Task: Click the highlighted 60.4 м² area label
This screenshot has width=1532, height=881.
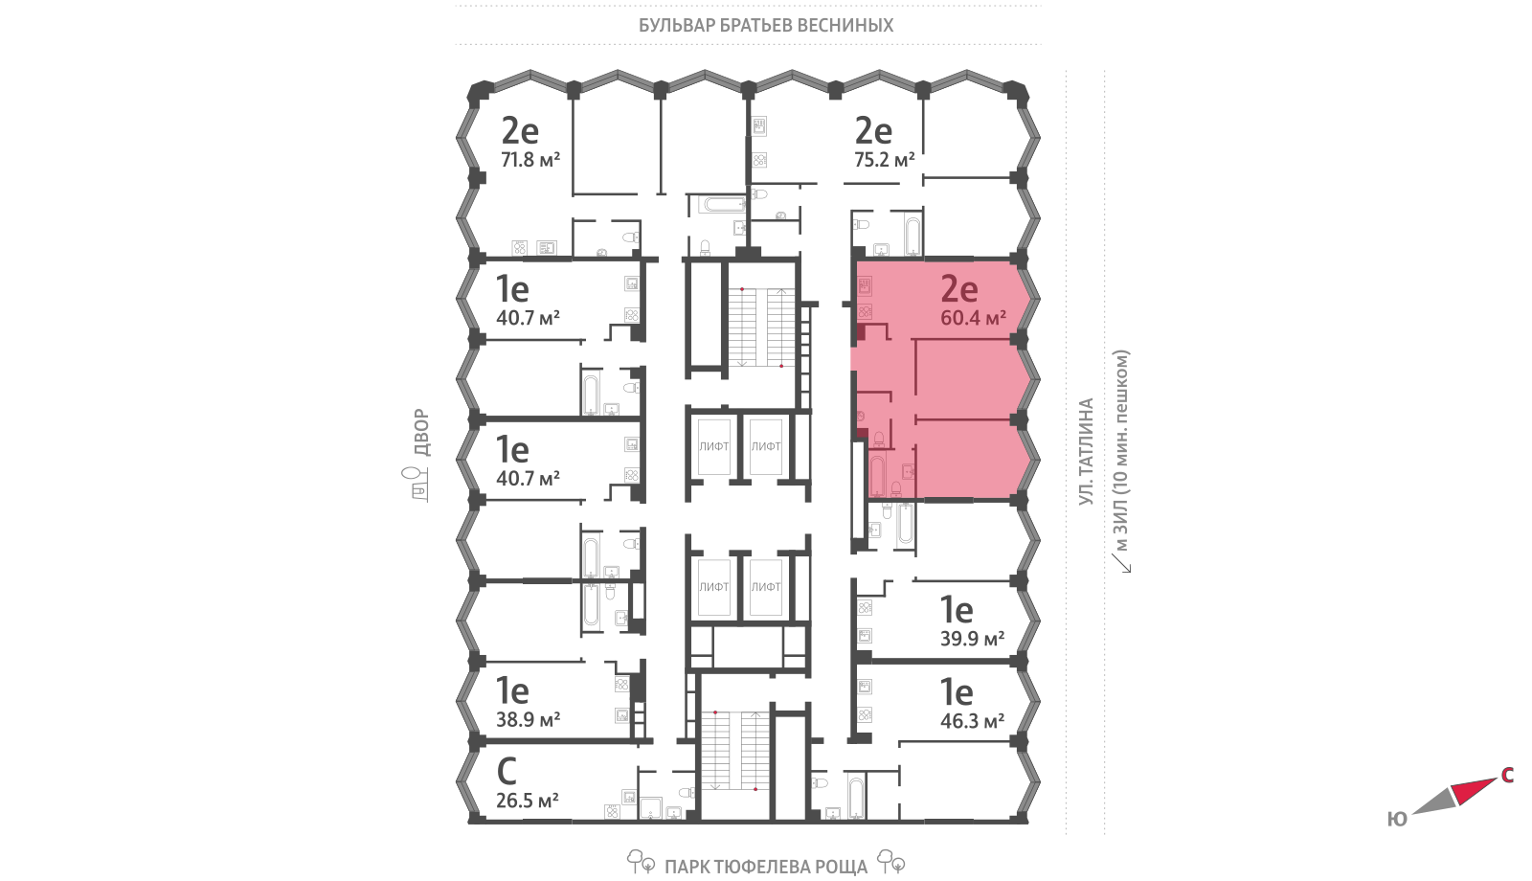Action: (973, 317)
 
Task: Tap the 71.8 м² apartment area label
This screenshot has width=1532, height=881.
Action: (530, 159)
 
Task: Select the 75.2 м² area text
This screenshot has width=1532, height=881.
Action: (885, 159)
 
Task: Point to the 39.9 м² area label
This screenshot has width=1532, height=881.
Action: (972, 639)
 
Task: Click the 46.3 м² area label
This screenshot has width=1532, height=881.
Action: (972, 721)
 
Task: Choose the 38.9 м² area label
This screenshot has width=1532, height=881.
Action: (528, 719)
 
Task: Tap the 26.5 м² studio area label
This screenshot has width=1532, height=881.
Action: (528, 800)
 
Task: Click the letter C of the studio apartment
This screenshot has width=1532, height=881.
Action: (507, 771)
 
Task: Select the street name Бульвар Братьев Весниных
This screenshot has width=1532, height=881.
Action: (766, 25)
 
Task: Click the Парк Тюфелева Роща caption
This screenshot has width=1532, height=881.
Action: (766, 867)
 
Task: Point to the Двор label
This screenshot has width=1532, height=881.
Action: (422, 432)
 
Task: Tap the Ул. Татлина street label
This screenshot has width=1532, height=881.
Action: (1086, 452)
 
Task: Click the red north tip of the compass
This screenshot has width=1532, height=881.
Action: (1496, 779)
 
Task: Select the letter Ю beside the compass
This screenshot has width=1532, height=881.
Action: (1397, 819)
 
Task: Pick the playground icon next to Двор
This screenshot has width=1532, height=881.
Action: (420, 483)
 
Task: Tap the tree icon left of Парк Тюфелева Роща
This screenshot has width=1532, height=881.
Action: (641, 861)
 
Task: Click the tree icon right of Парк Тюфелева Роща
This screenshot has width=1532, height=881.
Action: (891, 861)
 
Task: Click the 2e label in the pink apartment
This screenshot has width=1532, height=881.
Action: (958, 289)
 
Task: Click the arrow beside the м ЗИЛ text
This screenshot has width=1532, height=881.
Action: (1120, 563)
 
